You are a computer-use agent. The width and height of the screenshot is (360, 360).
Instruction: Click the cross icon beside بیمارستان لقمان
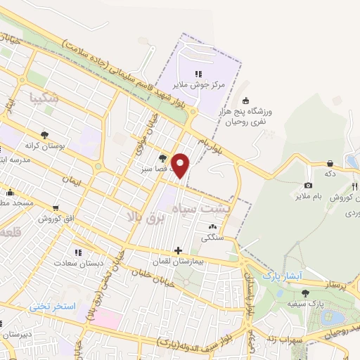pos(179,250)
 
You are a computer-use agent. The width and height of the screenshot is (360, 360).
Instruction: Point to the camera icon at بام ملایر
pos(308,186)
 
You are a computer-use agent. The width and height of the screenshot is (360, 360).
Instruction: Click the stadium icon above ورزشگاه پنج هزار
pos(245,101)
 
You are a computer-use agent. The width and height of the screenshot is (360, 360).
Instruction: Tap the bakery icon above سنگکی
pos(212,226)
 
